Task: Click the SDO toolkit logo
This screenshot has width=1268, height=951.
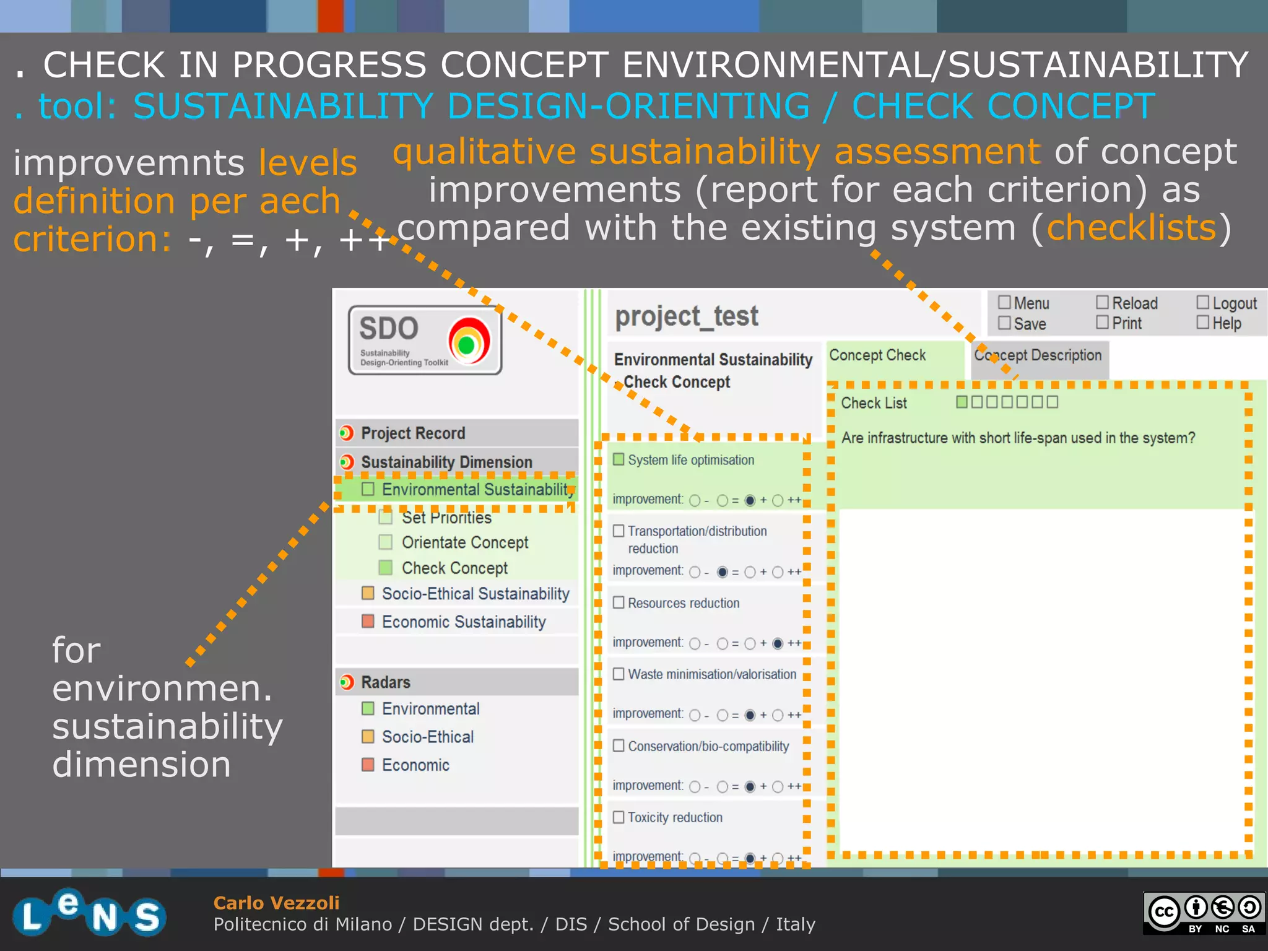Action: pos(425,340)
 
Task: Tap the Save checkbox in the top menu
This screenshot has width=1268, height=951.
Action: pos(1004,323)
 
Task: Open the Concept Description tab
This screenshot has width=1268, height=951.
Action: pos(1038,355)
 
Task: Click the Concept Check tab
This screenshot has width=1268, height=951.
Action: pos(877,355)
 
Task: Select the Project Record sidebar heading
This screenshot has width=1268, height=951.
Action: pos(413,433)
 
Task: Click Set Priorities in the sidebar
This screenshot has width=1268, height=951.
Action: pos(446,518)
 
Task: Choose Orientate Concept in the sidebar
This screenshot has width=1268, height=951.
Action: pos(464,542)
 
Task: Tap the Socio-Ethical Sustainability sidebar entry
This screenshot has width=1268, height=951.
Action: pos(475,594)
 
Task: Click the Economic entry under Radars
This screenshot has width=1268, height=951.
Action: pos(415,765)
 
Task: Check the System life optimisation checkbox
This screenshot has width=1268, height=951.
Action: pos(619,459)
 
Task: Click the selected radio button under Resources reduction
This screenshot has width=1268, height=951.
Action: pos(778,643)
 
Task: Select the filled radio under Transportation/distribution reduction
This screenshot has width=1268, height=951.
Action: pos(722,572)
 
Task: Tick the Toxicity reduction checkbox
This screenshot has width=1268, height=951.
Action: pos(619,817)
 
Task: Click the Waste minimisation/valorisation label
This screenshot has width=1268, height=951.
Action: pos(712,674)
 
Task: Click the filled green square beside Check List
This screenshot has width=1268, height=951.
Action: pos(962,402)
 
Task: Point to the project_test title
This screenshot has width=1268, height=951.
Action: pos(686,316)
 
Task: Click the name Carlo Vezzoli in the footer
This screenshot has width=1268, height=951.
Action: pos(276,903)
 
